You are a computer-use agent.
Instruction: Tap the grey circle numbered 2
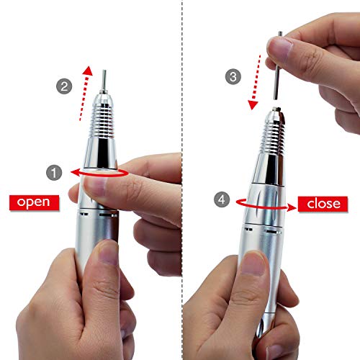point(63,86)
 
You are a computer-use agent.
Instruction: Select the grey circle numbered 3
point(232,76)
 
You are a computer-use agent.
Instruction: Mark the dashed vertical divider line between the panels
point(180,180)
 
